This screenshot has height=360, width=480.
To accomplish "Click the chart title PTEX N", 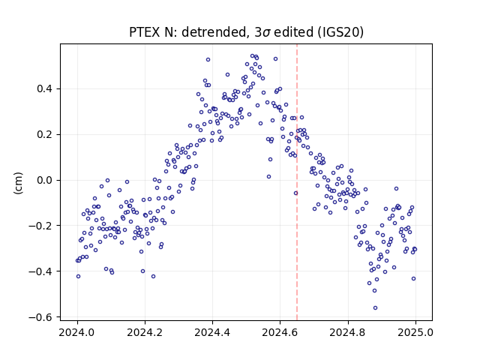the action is click(x=151, y=32).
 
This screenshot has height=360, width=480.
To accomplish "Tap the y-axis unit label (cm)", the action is click(x=18, y=183).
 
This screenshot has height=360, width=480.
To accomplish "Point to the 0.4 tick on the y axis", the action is click(x=44, y=89).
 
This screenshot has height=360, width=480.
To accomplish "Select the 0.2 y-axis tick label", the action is click(x=44, y=135).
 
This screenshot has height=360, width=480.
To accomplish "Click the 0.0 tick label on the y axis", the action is click(x=44, y=180).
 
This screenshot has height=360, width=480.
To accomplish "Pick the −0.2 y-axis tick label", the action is click(x=40, y=226).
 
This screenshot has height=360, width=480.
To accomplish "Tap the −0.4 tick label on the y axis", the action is click(x=40, y=271).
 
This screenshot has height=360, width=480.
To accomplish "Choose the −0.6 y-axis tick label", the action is click(x=40, y=317).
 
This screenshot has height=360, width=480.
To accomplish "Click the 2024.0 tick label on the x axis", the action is click(x=77, y=332).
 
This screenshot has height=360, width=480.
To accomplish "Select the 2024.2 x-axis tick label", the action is click(x=145, y=332).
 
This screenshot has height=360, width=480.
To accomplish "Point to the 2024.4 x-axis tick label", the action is click(x=212, y=332).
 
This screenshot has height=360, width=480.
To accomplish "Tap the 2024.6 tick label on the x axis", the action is click(x=280, y=332).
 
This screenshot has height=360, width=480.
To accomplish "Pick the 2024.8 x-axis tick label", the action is click(x=347, y=332).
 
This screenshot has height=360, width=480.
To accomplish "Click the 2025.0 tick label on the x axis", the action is click(x=415, y=332).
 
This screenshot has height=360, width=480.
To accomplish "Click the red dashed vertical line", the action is click(x=297, y=182).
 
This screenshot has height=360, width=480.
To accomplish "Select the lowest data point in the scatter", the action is click(x=375, y=308).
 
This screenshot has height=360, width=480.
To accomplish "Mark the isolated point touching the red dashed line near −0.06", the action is click(x=295, y=193).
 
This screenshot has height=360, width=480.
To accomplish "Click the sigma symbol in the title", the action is click(x=267, y=33).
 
